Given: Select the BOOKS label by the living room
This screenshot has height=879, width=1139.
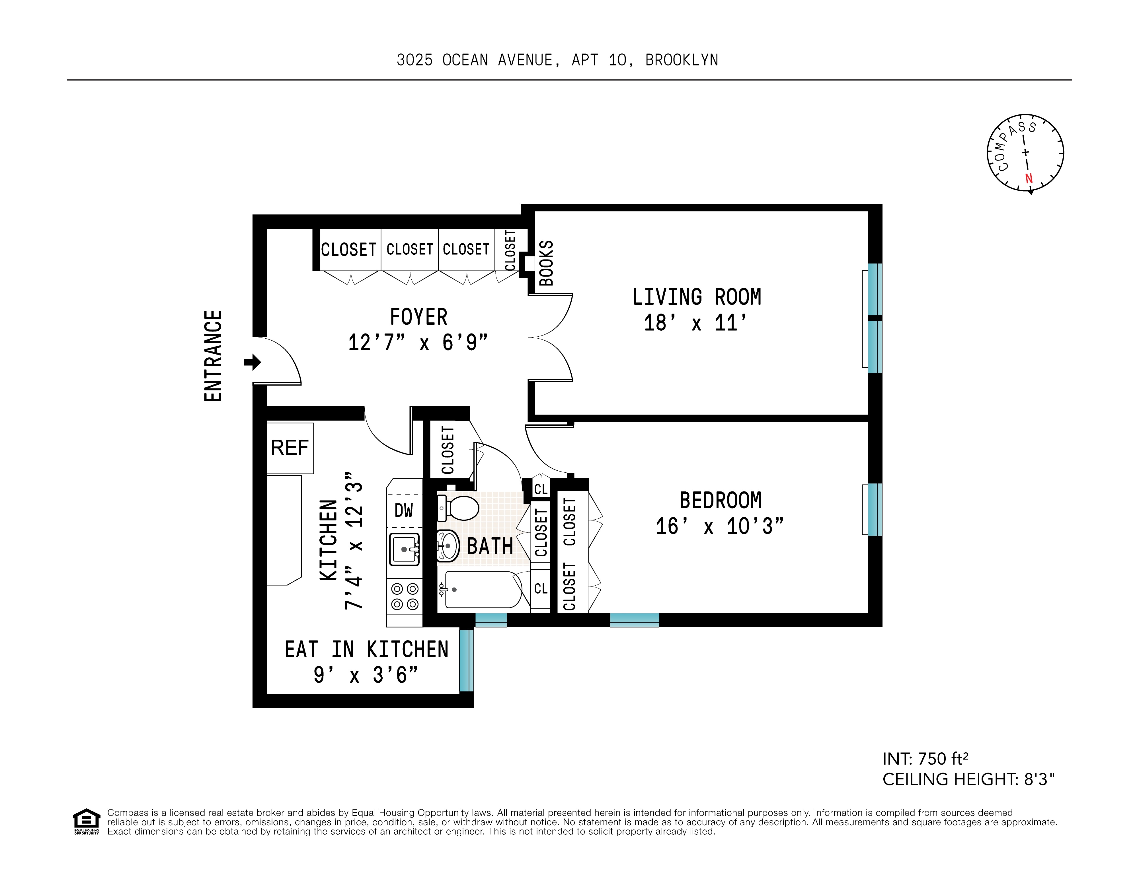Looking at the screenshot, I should coord(546,263).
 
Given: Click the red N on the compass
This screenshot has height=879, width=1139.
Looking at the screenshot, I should coord(1029,179).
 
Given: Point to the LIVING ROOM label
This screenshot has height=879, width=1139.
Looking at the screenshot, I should coord(697,297).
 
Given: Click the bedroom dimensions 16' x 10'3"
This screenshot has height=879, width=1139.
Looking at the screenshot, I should coord(720,526).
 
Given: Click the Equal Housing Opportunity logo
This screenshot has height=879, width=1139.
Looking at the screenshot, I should coord(86,821).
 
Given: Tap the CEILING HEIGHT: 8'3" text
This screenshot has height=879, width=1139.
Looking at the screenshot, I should coord(968,779).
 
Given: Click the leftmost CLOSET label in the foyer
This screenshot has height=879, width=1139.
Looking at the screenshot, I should coord(348,250).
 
